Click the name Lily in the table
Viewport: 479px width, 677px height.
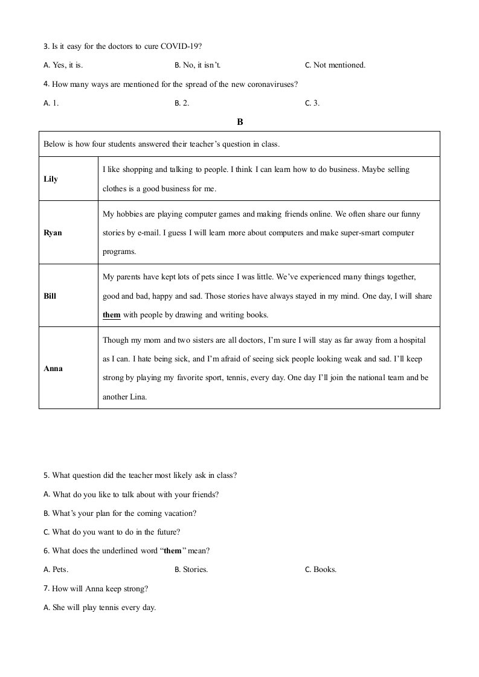coord(51,179)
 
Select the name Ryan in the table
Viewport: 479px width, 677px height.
coord(53,233)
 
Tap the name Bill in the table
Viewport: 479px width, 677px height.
coord(50,296)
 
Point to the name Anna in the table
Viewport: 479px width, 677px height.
coord(53,368)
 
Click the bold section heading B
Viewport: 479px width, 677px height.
coord(240,122)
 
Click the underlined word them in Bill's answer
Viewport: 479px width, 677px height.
coord(112,315)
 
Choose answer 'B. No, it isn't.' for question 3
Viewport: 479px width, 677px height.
coord(202,65)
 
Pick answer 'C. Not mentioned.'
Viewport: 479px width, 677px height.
coord(335,65)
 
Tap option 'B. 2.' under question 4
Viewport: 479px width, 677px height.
coord(182,103)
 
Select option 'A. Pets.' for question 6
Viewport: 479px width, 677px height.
coord(56,570)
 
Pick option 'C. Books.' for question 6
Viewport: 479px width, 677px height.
coord(321,570)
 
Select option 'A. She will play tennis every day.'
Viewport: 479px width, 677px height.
coord(100,608)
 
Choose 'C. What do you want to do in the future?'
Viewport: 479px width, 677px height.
coord(112,532)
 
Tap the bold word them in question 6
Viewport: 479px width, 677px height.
coord(172,551)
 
